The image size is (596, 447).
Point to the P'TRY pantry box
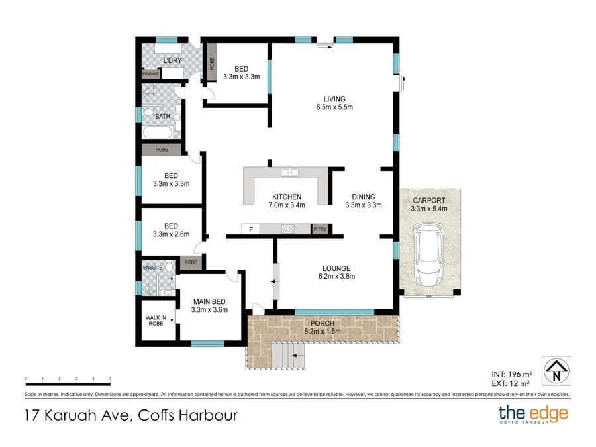pyautogui.click(x=321, y=229)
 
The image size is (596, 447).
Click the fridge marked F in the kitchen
pyautogui.click(x=250, y=230)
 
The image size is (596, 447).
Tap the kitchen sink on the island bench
pyautogui.click(x=289, y=172)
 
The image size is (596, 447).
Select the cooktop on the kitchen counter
pyautogui.click(x=289, y=229)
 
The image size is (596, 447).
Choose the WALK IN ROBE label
pyautogui.click(x=156, y=321)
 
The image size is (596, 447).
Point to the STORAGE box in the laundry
pyautogui.click(x=150, y=74)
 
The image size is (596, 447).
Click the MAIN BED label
pyautogui.click(x=209, y=301)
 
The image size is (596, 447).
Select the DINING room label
pyautogui.click(x=364, y=197)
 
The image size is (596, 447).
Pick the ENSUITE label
pyautogui.click(x=152, y=268)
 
